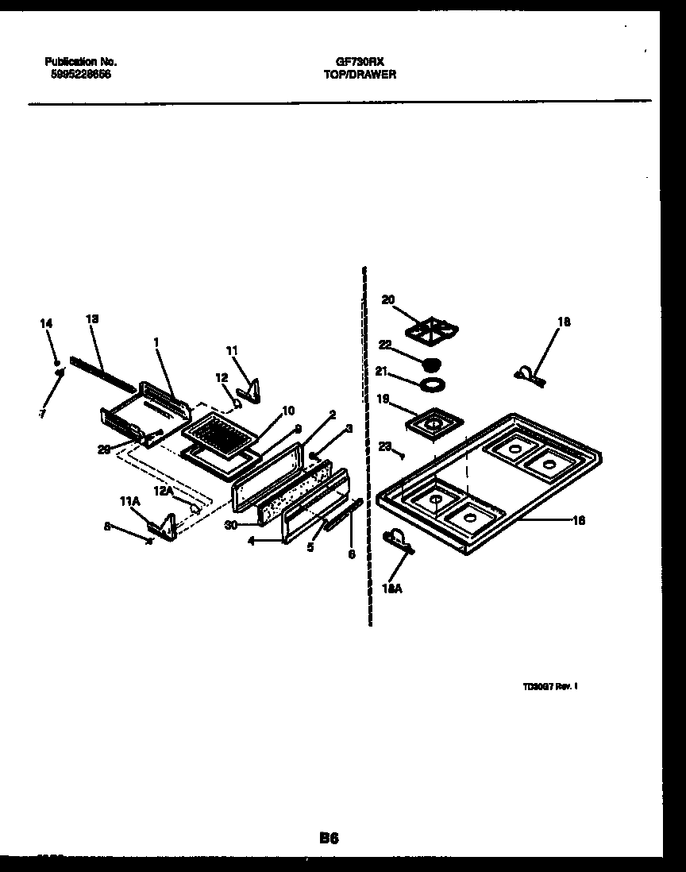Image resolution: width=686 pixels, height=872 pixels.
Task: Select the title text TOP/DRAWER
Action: click(360, 74)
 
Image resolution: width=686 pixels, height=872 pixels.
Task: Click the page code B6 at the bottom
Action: click(330, 837)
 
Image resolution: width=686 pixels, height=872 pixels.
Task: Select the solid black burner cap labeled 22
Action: click(431, 365)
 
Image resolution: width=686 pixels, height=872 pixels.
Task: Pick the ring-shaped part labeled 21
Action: click(430, 386)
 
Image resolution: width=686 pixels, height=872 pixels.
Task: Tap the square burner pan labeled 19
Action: click(433, 422)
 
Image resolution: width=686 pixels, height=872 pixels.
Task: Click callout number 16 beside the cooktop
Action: click(578, 520)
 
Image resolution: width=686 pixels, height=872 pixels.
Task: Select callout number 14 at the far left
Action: click(46, 323)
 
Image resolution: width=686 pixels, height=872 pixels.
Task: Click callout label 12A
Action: click(164, 492)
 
